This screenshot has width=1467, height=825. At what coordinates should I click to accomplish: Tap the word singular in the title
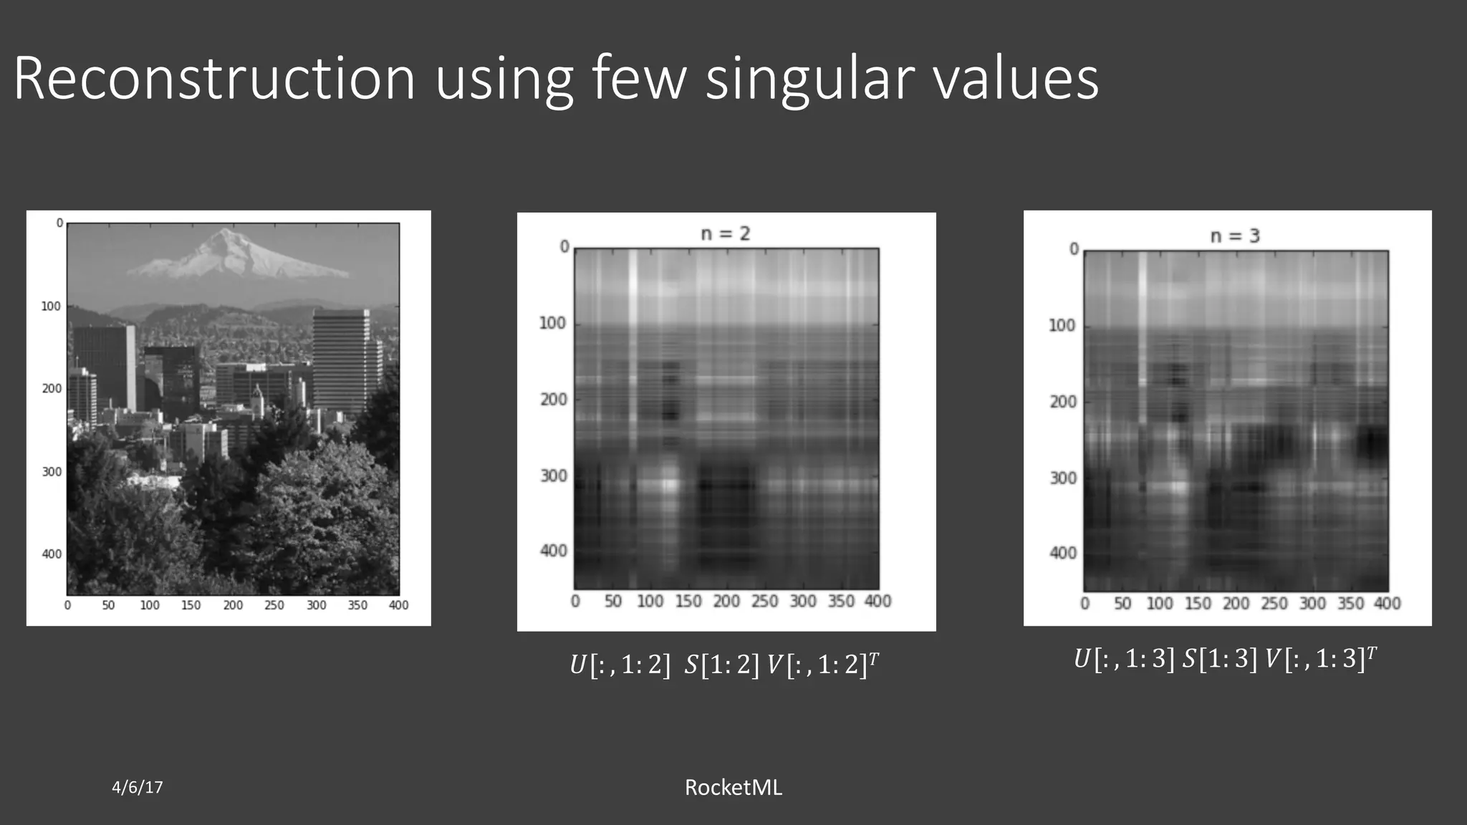click(808, 80)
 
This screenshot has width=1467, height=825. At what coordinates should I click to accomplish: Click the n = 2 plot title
click(725, 233)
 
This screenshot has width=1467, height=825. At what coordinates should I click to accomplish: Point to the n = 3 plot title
click(1234, 236)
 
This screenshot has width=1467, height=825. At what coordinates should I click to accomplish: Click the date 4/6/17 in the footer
click(138, 787)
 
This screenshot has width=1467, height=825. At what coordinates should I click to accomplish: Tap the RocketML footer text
click(733, 787)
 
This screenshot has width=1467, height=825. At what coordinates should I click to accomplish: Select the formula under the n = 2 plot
click(724, 665)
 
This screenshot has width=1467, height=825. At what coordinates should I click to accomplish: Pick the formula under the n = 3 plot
click(1225, 658)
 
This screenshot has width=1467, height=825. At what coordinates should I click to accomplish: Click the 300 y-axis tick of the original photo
click(52, 472)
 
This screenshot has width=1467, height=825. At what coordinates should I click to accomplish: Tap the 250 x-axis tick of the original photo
click(274, 606)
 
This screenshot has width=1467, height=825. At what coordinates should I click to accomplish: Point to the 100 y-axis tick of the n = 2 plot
click(552, 324)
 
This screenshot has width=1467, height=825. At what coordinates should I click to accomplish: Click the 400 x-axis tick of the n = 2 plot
click(877, 602)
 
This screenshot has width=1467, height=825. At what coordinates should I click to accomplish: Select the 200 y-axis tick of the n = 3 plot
click(1063, 402)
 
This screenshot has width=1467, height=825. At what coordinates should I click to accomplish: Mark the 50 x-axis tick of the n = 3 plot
click(1122, 604)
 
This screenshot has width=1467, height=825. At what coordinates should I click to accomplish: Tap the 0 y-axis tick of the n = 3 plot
click(1074, 249)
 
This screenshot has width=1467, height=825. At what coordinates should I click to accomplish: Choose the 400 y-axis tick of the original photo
click(52, 554)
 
